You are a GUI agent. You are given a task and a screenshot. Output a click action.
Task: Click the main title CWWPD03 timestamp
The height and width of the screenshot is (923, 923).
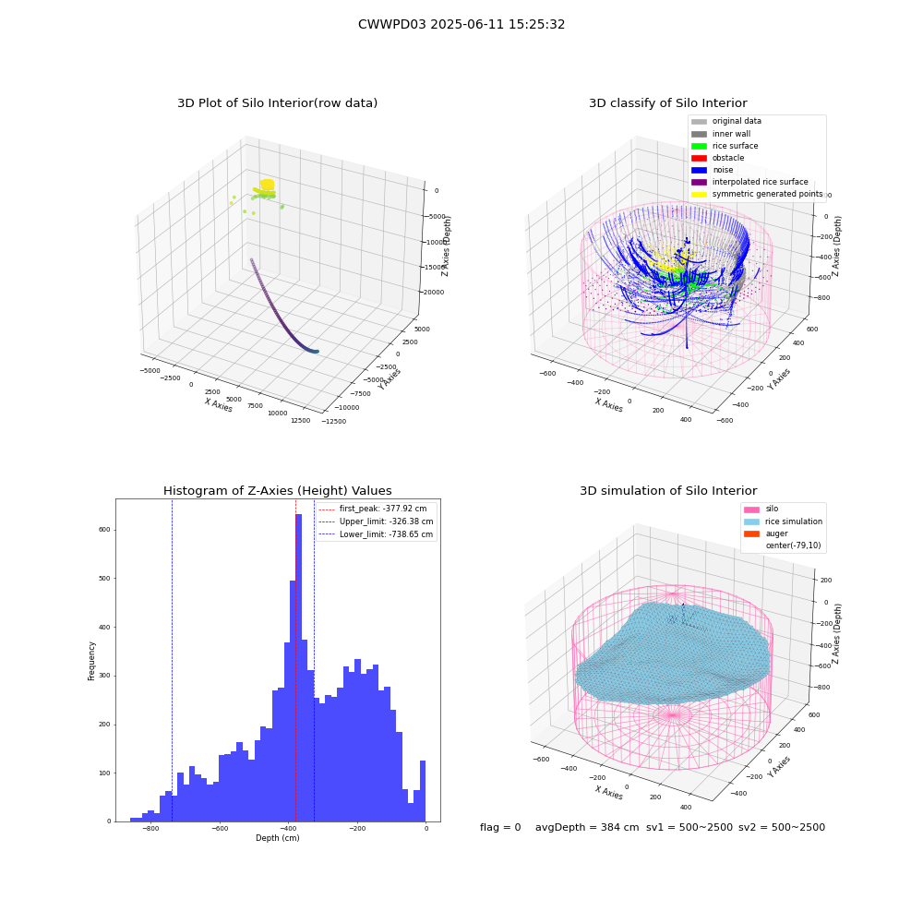(x=461, y=25)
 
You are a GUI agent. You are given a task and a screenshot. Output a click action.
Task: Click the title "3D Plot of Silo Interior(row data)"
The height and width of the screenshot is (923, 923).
(x=277, y=103)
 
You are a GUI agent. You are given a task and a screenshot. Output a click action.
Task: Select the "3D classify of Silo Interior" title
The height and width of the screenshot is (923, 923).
(x=668, y=103)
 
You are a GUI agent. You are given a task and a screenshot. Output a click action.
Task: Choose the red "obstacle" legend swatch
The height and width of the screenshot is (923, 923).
(x=699, y=158)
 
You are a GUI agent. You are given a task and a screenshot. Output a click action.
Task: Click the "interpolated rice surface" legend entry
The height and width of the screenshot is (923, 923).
(x=749, y=182)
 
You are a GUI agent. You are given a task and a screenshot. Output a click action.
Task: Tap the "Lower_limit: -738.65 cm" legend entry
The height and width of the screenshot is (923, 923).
(x=376, y=534)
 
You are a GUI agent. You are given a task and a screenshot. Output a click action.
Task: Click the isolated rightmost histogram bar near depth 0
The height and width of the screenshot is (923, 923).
(x=423, y=791)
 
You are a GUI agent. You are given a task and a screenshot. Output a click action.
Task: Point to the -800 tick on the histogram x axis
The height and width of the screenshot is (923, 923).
(x=151, y=828)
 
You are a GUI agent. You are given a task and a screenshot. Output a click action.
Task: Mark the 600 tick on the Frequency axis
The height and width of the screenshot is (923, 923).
(x=105, y=530)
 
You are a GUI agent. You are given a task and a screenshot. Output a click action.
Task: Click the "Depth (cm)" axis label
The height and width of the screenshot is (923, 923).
(x=278, y=838)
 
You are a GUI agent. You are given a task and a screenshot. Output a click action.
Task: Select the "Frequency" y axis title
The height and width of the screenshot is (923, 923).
(x=91, y=661)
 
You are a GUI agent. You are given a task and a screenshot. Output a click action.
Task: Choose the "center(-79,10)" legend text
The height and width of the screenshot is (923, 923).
(x=793, y=545)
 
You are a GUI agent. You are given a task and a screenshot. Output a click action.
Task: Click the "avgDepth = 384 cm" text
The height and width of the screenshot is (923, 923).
(x=587, y=828)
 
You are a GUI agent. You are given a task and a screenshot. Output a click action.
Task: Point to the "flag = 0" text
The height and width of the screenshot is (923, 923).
(x=500, y=828)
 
